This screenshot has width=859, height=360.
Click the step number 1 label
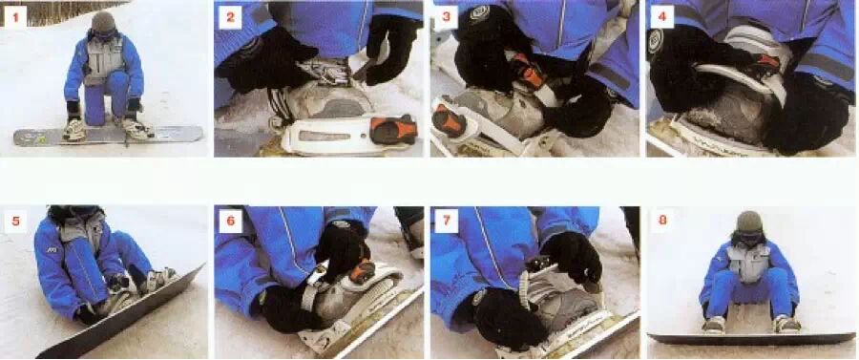click(15, 17)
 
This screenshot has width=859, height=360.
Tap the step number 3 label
click(446, 17)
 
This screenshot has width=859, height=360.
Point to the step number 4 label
click(661, 17)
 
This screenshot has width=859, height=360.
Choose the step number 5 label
click(15, 222)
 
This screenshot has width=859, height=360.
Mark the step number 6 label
click(230, 222)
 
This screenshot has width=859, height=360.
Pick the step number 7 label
click(446, 222)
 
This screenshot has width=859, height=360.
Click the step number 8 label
click(663, 222)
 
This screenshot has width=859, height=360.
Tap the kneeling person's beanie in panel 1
click(103, 22)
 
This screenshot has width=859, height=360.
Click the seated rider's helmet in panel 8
click(750, 222)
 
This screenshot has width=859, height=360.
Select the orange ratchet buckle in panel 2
click(393, 129)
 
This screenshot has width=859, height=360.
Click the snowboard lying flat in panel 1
click(108, 136)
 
